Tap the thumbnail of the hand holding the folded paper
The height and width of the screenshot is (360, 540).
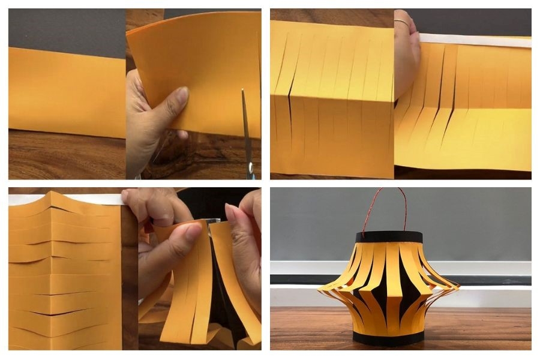181,94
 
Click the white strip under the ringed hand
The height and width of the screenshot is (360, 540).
474,41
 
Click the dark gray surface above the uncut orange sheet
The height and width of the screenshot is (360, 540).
66,30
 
